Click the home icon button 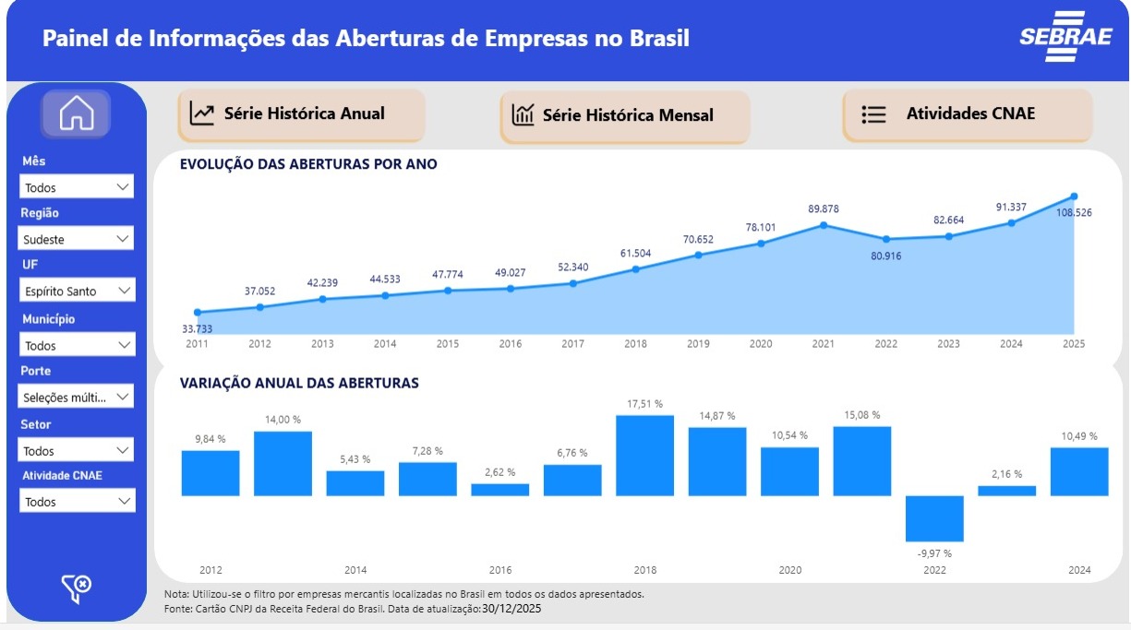coord(76,114)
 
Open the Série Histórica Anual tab coord(301,114)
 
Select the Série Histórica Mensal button coord(624,115)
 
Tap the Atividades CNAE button coord(967,114)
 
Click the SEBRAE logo coord(1053,37)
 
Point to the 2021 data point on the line coord(824,224)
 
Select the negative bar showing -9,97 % coord(934,518)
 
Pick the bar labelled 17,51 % coord(644,456)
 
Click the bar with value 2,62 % coord(500,490)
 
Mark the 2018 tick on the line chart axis coord(635,344)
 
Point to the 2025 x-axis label coord(1073,344)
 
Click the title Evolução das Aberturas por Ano coord(308,164)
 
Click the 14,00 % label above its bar coord(283,420)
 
